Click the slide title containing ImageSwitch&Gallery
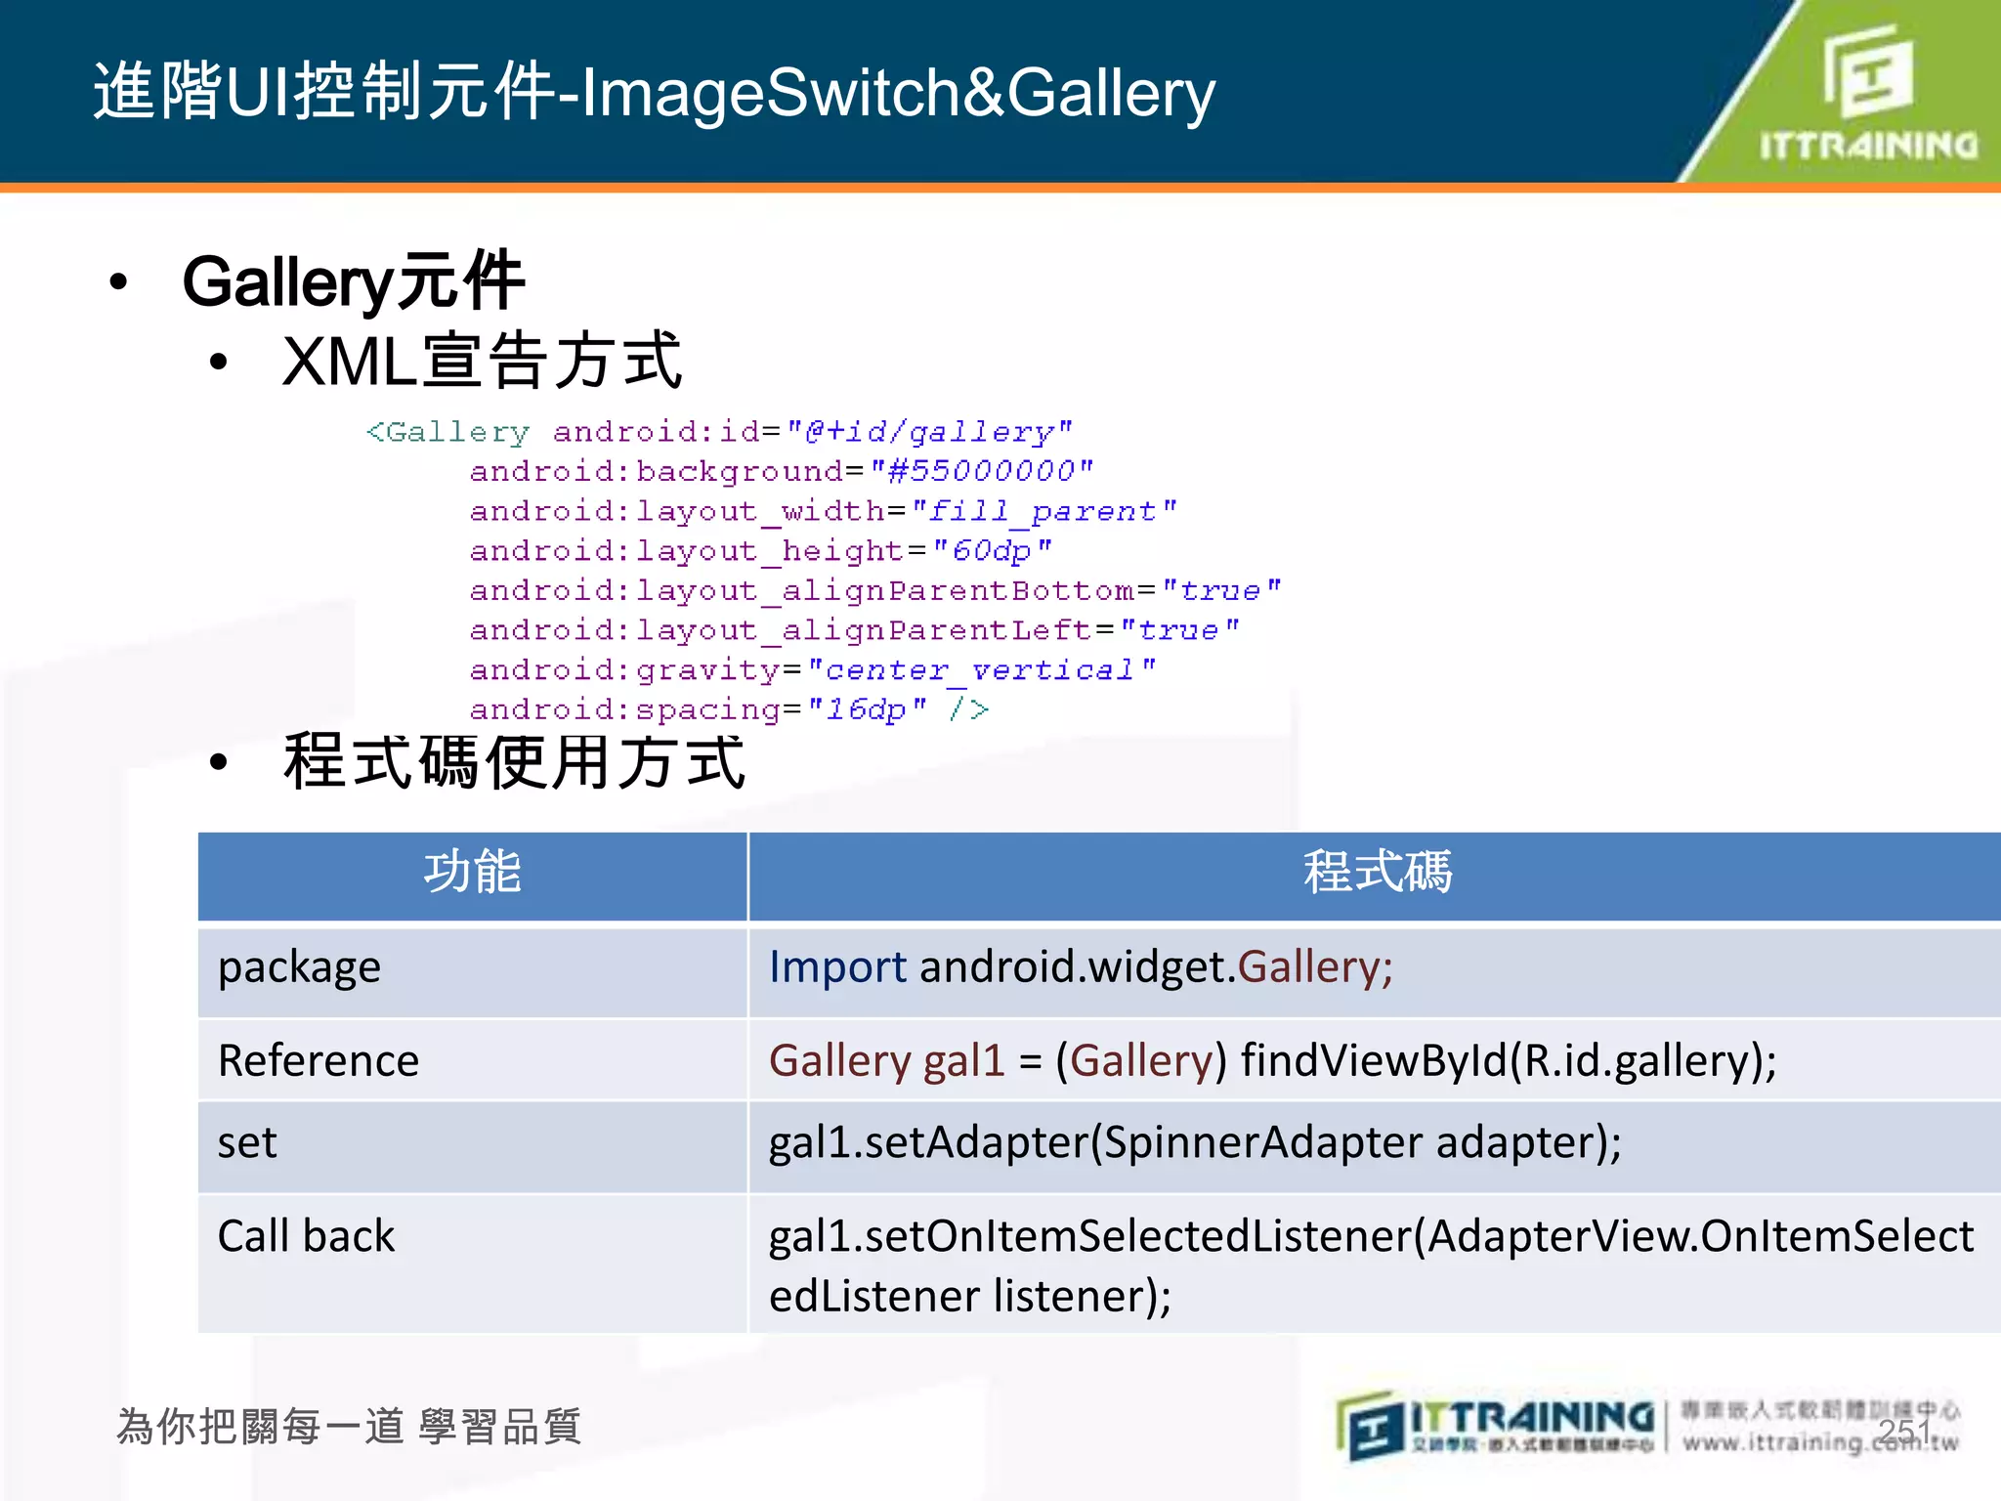pos(654,93)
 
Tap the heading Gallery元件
pos(354,282)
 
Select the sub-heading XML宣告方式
pos(482,361)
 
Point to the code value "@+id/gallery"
pos(929,431)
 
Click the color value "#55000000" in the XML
pos(982,471)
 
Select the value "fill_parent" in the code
pos(1043,511)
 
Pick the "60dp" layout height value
pos(992,551)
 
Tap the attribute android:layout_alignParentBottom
pos(801,591)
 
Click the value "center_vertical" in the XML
pos(981,670)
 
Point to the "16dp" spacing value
pos(867,709)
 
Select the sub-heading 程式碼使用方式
pos(515,762)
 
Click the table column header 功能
pos(473,873)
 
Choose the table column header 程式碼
pos(1378,873)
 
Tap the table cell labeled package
pos(299,967)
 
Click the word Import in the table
pos(837,967)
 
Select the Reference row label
pos(319,1061)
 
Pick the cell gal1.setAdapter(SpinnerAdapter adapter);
pos(1195,1143)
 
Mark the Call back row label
pos(306,1236)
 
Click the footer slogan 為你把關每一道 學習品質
pos(349,1427)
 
